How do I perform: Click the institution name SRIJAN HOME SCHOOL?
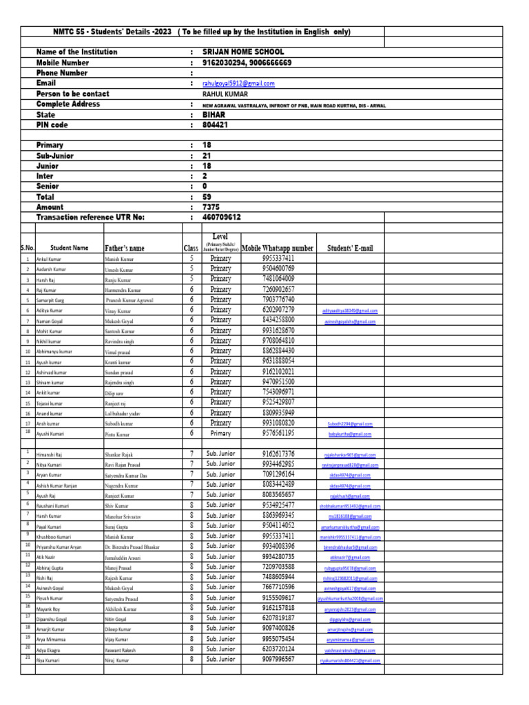point(242,52)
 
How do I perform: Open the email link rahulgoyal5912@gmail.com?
point(238,83)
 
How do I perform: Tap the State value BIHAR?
point(214,115)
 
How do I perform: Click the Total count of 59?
point(207,197)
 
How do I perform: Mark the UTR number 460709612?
point(222,218)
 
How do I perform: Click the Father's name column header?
point(125,248)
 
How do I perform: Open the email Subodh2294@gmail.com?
point(350,424)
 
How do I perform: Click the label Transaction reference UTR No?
point(90,218)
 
